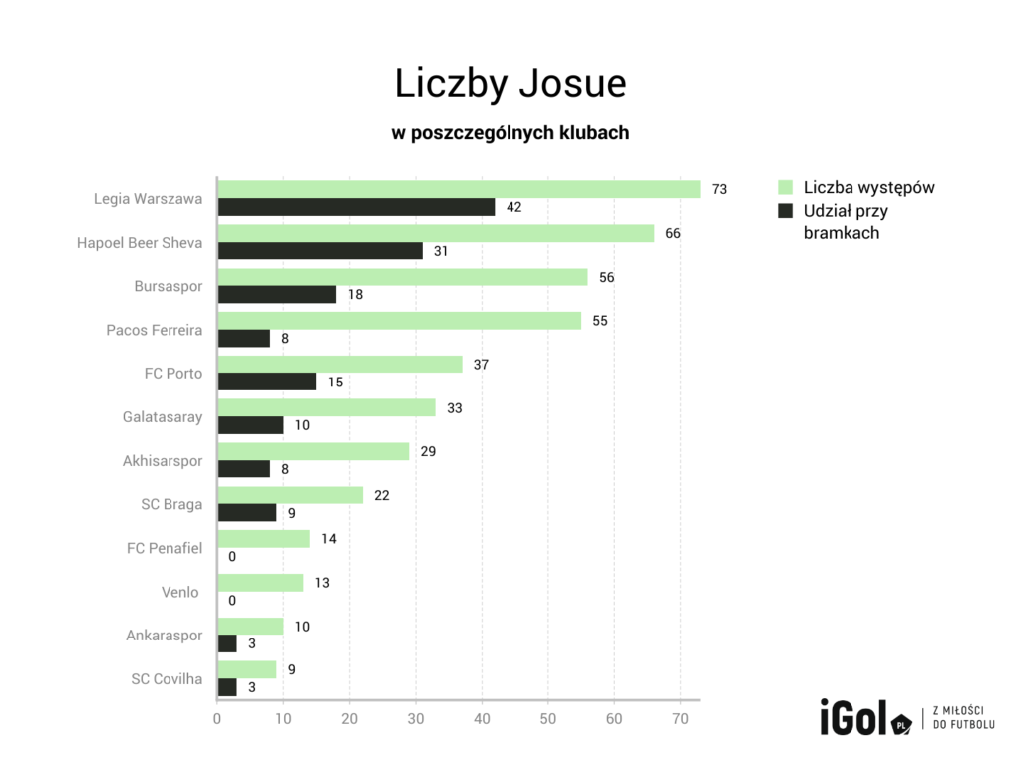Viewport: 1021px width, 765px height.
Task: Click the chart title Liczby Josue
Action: click(510, 84)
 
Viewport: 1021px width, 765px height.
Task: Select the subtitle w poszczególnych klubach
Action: click(510, 132)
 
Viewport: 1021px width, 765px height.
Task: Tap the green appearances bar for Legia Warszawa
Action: click(459, 189)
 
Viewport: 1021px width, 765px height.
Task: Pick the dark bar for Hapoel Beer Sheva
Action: click(320, 251)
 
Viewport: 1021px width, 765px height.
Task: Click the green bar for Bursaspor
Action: click(403, 277)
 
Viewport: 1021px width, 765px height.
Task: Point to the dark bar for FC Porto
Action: click(267, 382)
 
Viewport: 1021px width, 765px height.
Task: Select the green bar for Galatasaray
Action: click(327, 407)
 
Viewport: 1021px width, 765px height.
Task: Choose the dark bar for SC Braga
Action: click(247, 512)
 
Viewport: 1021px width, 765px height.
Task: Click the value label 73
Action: click(719, 189)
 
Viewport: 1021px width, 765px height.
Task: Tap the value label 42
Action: click(514, 207)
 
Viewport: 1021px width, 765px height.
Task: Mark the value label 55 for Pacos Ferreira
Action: click(600, 321)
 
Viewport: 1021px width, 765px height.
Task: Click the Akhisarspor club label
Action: click(163, 460)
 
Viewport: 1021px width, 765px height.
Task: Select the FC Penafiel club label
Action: click(165, 548)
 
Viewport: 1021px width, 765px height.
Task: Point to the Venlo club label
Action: click(180, 592)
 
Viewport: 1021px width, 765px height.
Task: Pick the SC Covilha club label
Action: click(167, 679)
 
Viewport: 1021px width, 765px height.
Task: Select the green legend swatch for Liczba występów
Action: click(784, 187)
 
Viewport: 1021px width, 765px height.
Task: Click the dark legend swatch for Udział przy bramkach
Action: click(784, 211)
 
